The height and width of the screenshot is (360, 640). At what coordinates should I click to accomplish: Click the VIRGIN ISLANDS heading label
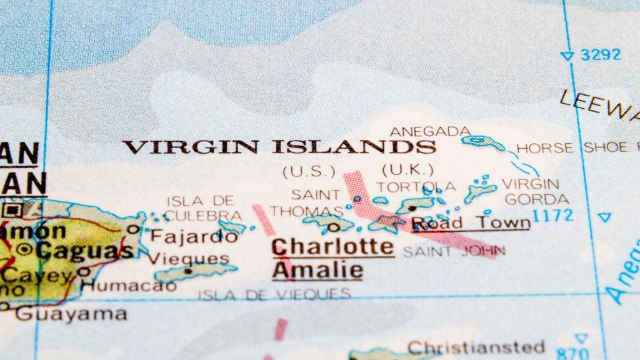click(x=279, y=147)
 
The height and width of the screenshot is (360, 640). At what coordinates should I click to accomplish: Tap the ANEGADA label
click(x=430, y=131)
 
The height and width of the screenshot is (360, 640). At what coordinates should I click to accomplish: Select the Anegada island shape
click(x=482, y=143)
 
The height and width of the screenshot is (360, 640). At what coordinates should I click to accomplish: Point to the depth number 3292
click(x=601, y=55)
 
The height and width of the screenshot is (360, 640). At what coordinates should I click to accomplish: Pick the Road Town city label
click(x=470, y=223)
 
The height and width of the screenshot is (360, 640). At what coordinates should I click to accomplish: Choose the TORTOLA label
click(x=416, y=187)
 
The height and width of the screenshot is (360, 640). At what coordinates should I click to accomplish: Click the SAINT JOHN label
click(x=454, y=252)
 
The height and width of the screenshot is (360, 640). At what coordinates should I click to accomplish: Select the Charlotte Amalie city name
click(x=332, y=257)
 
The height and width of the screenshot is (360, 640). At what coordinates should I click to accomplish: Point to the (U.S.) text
click(x=309, y=171)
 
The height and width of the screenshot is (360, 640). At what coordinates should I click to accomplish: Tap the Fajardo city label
click(x=194, y=237)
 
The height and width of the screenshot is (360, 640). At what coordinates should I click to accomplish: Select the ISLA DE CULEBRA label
click(x=204, y=208)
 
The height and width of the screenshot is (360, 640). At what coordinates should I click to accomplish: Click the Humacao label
click(x=129, y=286)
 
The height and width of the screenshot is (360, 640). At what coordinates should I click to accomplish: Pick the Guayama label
click(x=71, y=313)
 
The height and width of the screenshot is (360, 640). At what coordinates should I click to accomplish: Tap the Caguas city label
click(x=84, y=251)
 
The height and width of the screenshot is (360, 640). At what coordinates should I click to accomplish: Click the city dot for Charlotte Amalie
click(x=334, y=227)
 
